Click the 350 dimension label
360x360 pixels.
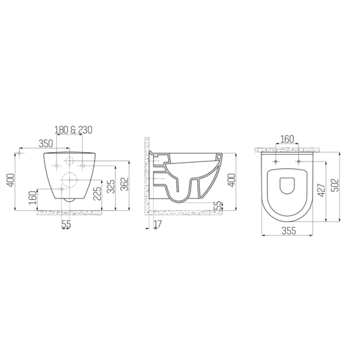tap(46, 144)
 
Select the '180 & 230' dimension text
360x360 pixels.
tap(73, 130)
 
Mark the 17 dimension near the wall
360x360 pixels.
tap(157, 225)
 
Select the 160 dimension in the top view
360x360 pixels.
tap(287, 140)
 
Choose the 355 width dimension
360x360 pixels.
tap(286, 231)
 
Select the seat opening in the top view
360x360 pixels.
tap(287, 184)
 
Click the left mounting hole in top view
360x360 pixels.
tap(276, 162)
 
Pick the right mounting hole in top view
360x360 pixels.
tap(298, 162)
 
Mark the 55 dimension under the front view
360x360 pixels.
tap(66, 225)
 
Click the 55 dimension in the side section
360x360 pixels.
tap(217, 205)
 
